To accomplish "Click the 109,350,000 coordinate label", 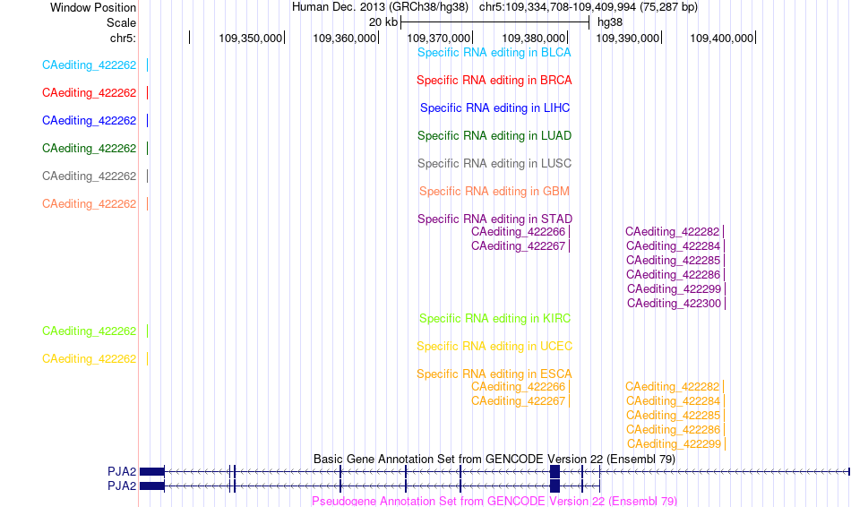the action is point(250,38).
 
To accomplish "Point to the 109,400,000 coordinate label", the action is point(721,38).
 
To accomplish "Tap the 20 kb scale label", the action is point(383,22).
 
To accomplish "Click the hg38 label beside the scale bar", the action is point(610,22).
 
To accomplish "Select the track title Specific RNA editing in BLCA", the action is point(494,53).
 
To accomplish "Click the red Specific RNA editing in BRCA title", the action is point(494,81).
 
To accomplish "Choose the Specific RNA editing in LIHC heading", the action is point(495,108).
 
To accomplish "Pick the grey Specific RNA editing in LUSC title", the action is point(494,163).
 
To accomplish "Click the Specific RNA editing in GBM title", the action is point(494,191).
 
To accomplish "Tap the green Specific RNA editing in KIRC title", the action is point(495,319).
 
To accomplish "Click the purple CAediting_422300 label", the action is point(674,304).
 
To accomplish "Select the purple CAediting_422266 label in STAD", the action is point(519,232).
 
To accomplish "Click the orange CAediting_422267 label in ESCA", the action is point(519,401).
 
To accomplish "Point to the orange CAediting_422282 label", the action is point(672,386).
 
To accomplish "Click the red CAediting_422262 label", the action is point(89,93).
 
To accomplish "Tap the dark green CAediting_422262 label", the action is point(89,148).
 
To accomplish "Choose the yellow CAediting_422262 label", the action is point(89,359).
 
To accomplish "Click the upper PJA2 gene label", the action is point(122,472).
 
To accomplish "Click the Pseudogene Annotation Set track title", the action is point(494,501).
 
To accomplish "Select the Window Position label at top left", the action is point(93,7).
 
